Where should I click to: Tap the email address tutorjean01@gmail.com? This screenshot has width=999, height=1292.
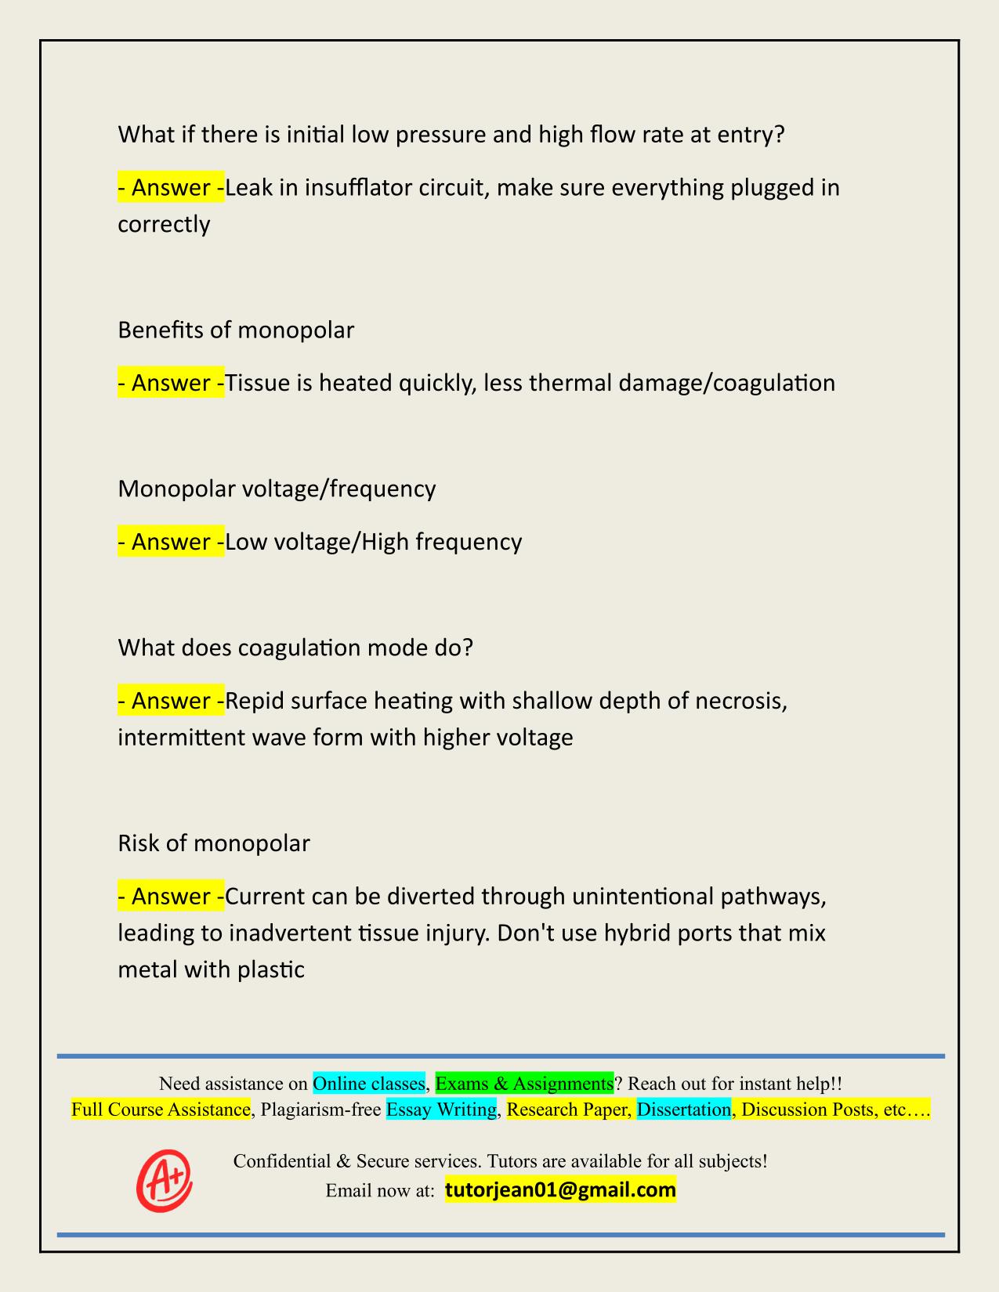560,1190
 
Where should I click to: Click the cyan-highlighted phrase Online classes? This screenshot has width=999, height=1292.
369,1083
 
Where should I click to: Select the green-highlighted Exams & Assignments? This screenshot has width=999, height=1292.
524,1083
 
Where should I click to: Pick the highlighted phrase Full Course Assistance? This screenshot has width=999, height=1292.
161,1109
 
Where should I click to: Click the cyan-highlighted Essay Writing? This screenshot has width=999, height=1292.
442,1109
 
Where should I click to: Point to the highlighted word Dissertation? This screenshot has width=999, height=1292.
683,1109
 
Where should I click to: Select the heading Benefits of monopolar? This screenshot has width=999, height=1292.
236,330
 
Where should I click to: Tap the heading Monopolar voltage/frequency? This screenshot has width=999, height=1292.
277,489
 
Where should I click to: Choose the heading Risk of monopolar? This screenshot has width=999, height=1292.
214,843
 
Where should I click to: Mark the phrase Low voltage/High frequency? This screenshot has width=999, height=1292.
374,541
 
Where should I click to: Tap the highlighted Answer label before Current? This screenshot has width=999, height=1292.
171,896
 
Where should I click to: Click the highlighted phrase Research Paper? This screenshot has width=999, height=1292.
568,1109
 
